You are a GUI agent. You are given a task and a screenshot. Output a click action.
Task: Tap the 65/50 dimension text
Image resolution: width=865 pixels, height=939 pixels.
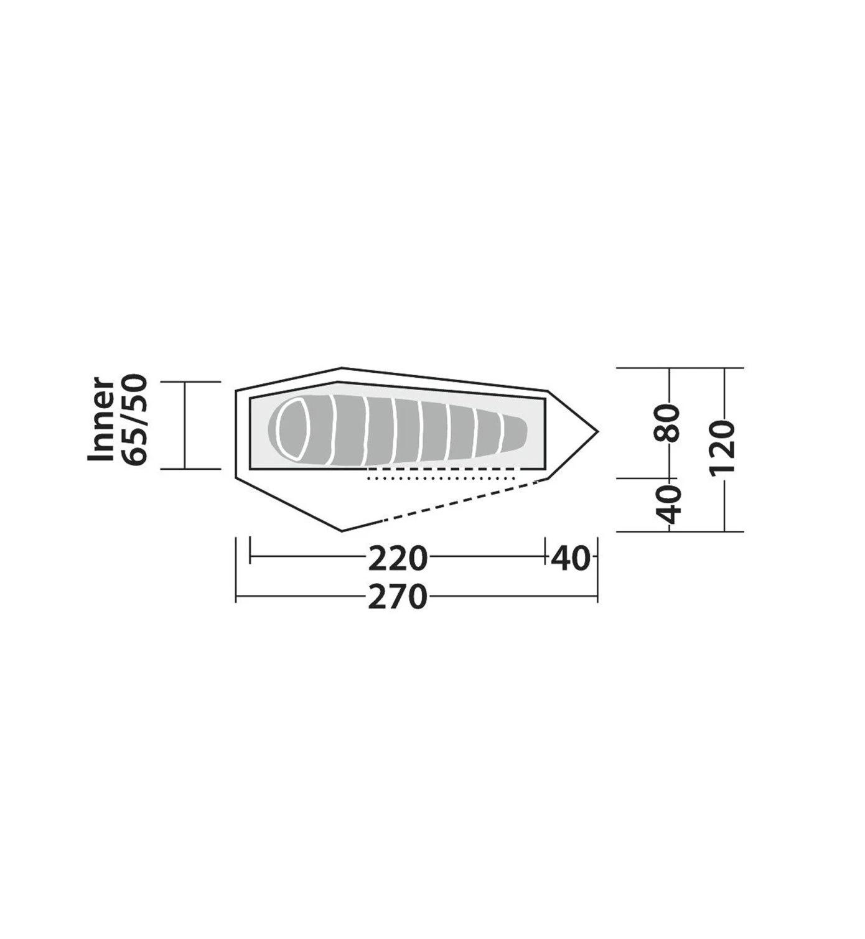click(x=135, y=419)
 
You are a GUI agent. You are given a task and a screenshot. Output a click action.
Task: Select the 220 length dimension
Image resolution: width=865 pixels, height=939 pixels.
click(x=398, y=558)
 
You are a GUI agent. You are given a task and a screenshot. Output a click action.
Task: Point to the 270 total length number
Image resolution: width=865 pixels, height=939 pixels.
click(x=398, y=597)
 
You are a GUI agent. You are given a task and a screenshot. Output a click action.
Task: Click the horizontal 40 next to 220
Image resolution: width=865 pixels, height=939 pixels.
click(x=569, y=558)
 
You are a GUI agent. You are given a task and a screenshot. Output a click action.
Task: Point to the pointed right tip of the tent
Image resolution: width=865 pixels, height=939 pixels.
click(x=597, y=431)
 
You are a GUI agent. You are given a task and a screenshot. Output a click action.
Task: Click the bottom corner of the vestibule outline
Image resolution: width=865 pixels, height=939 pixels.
click(x=342, y=531)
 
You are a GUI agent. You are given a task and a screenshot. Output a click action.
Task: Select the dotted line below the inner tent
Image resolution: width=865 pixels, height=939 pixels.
click(x=442, y=478)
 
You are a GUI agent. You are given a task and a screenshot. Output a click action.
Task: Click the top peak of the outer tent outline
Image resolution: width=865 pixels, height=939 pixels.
click(x=342, y=368)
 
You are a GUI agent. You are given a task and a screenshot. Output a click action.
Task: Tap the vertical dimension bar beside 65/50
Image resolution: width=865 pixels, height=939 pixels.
click(x=185, y=425)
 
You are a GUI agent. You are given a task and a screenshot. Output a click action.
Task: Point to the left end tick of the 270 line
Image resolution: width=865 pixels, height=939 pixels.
click(x=236, y=597)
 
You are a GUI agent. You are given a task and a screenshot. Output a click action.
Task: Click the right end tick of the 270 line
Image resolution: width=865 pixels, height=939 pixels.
click(x=597, y=597)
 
